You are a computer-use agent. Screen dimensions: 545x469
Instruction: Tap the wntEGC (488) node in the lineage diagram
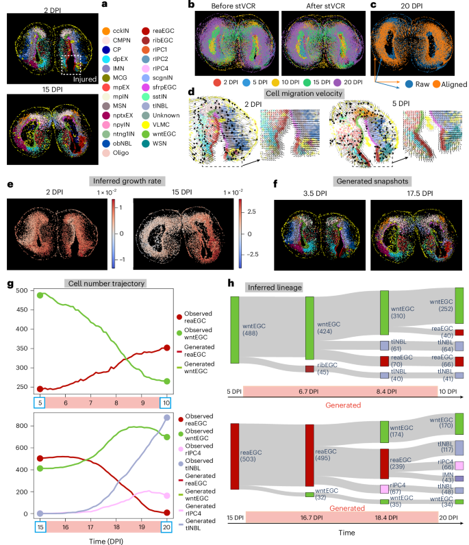pyautogui.click(x=235, y=329)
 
